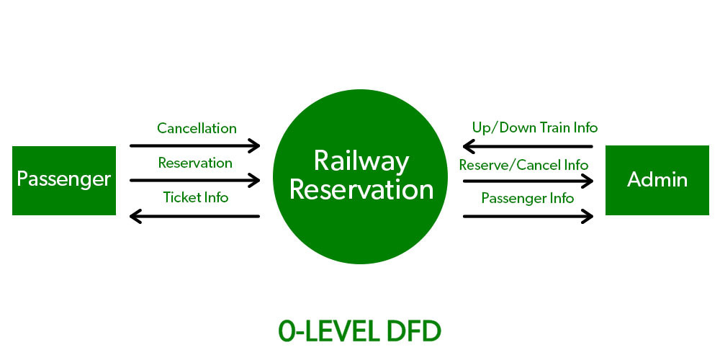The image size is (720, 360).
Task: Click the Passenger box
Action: [64, 180]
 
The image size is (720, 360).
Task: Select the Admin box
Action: [657, 180]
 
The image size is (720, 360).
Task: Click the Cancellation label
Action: [197, 128]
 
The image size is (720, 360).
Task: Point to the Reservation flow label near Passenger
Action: [195, 163]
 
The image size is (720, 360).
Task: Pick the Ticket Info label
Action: [195, 197]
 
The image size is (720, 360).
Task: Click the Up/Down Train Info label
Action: [534, 127]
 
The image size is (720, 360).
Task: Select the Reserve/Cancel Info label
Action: [523, 165]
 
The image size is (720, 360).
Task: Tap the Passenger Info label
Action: [528, 197]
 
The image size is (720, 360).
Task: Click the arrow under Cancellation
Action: [194, 145]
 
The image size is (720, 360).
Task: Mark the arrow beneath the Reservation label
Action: [194, 180]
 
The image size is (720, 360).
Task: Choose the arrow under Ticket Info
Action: [194, 215]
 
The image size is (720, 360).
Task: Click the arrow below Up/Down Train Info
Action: [528, 147]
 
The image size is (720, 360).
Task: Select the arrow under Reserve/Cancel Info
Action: [528, 181]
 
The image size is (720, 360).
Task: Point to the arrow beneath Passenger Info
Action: [528, 215]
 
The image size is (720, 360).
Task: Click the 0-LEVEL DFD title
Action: [360, 330]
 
